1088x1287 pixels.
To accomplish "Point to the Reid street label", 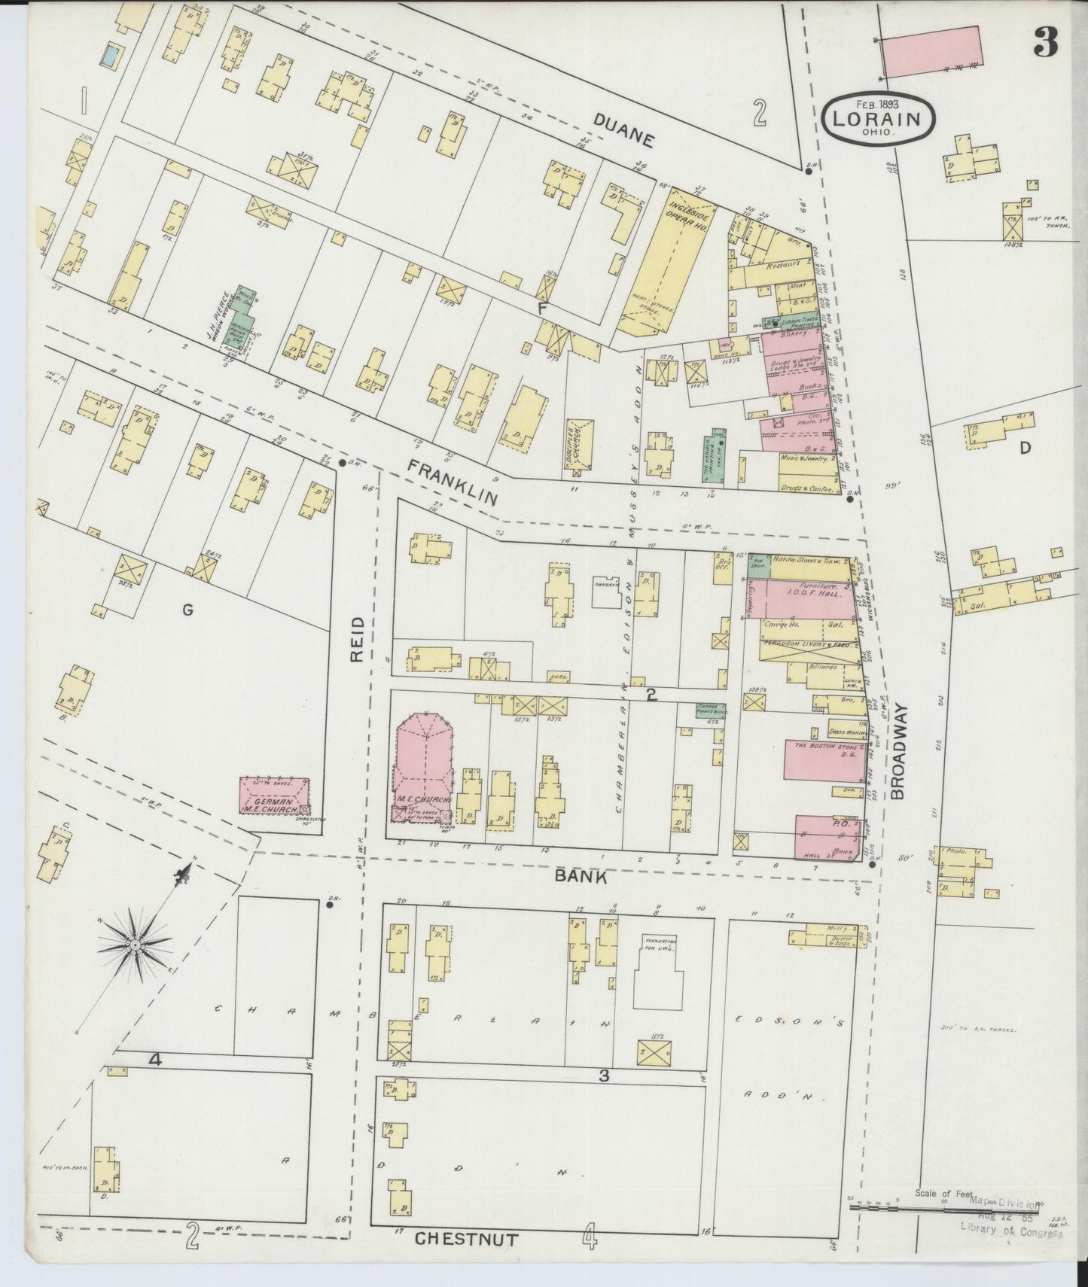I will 357,640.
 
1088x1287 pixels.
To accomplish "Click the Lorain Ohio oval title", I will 878,119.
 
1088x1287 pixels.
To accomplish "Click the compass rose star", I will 135,944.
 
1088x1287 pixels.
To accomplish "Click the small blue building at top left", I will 111,54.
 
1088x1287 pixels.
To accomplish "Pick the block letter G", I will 187,610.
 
